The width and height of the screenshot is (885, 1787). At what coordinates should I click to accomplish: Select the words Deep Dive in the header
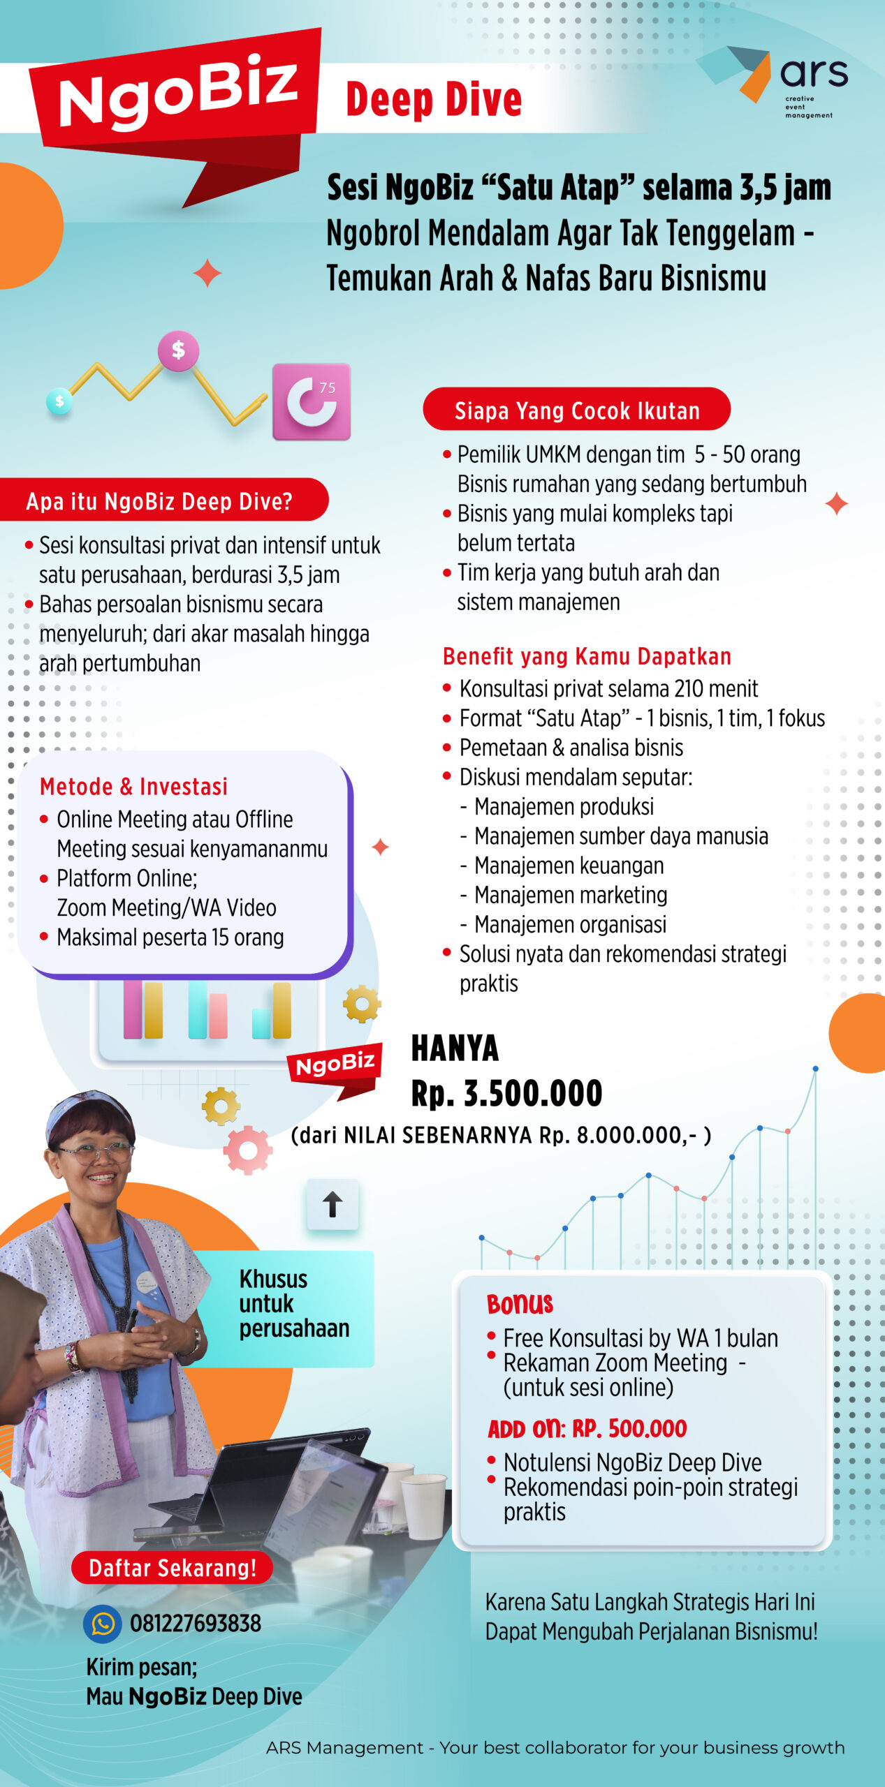[434, 99]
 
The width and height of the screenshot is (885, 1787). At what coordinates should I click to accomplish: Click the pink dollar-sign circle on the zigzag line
[178, 349]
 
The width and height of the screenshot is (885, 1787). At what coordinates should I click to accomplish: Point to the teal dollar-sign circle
[59, 401]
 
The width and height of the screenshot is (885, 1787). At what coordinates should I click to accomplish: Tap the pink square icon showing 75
[312, 401]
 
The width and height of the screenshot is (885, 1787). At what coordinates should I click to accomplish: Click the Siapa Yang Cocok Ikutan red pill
[576, 410]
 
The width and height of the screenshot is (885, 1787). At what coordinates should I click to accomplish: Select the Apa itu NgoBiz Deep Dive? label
[159, 500]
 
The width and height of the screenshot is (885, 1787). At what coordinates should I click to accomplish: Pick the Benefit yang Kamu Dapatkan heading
[587, 656]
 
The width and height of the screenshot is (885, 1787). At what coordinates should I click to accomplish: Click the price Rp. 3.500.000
[506, 1093]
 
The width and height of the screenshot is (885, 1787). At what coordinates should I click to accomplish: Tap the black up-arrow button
[332, 1204]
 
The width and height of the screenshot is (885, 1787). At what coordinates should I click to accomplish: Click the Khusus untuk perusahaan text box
[293, 1303]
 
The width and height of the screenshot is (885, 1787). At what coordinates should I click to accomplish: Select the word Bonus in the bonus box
[520, 1303]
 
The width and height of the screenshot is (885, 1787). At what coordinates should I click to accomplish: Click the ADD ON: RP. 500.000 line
[587, 1429]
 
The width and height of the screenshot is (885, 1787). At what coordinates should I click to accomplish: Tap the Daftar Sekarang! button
[172, 1568]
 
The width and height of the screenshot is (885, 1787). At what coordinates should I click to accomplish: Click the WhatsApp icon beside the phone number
[103, 1624]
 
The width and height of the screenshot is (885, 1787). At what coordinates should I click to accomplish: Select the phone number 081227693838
[196, 1624]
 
